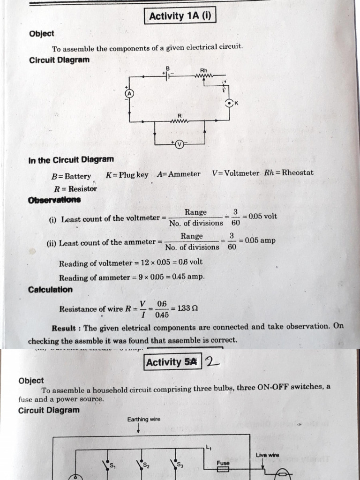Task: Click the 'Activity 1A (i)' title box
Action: (180, 16)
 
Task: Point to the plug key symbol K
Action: (229, 104)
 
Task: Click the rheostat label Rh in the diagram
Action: (203, 70)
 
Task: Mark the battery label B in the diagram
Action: (167, 68)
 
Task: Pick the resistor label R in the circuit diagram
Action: (179, 115)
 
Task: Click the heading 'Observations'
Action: (54, 200)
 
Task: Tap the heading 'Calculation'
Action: (51, 290)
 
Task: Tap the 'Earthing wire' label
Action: (143, 419)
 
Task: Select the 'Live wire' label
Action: (268, 455)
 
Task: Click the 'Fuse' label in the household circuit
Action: (223, 462)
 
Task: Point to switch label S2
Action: (147, 465)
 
